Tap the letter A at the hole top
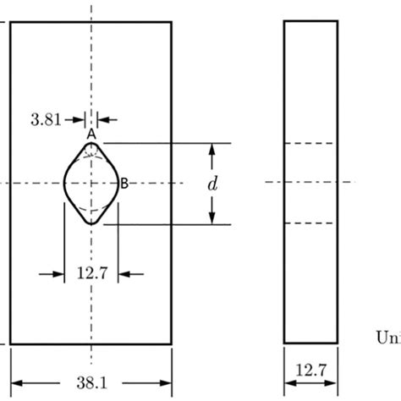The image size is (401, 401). click(x=91, y=133)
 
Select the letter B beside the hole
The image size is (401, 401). click(x=124, y=182)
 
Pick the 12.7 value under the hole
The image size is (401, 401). click(x=91, y=273)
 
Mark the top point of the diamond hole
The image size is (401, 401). click(x=91, y=140)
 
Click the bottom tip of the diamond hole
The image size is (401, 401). click(x=91, y=224)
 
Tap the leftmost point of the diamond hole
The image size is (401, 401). click(x=64, y=182)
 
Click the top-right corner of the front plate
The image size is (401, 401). click(x=173, y=22)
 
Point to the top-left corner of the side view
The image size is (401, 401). click(x=283, y=22)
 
